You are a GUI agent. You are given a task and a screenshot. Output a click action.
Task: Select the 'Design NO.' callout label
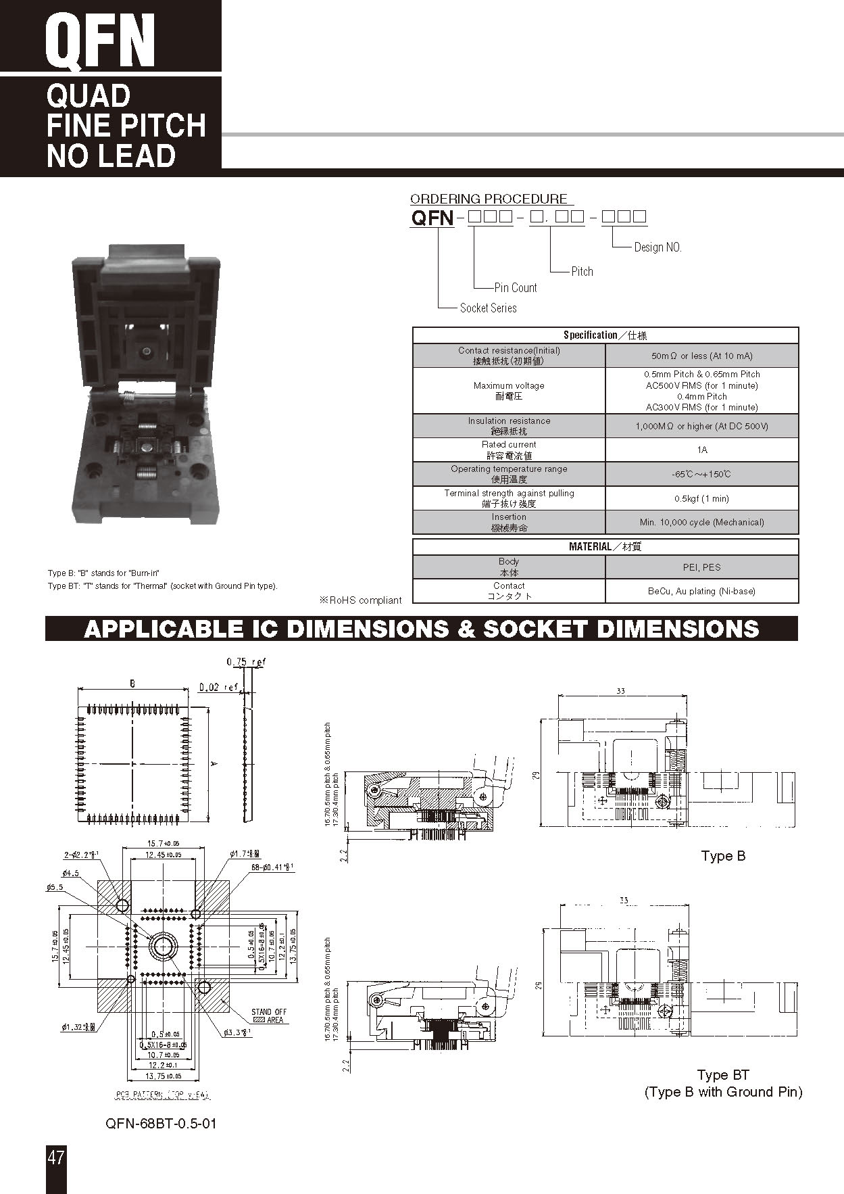coord(657,247)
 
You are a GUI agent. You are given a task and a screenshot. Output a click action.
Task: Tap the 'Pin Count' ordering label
coord(515,287)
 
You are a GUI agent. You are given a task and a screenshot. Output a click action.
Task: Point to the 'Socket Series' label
coord(488,308)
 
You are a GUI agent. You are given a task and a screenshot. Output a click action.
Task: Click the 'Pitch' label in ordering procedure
coord(582,271)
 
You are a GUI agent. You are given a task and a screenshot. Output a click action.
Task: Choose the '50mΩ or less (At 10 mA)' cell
coord(701,356)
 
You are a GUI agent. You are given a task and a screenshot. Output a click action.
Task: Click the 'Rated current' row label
coord(509,450)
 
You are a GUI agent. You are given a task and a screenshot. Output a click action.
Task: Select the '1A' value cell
coord(701,450)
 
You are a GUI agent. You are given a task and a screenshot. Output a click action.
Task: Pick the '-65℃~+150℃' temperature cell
coord(701,474)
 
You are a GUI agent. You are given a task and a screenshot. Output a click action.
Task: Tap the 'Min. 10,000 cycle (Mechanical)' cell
coord(701,522)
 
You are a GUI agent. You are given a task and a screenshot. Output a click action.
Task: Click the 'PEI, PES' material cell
coord(701,567)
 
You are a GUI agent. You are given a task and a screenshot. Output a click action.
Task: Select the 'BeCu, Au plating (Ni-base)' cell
coord(701,591)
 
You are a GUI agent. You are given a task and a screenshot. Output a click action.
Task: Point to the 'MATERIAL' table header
coord(605,546)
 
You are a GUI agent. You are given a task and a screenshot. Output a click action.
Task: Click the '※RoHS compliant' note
coord(360,600)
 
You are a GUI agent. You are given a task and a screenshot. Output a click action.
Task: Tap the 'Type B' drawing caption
coord(722,856)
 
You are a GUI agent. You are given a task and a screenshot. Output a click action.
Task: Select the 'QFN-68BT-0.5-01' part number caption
coord(161,1124)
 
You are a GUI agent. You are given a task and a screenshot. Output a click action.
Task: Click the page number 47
coord(56,1157)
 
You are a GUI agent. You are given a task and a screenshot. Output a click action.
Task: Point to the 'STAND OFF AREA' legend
coord(269,1016)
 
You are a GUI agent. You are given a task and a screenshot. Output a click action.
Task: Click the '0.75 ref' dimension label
coord(246,662)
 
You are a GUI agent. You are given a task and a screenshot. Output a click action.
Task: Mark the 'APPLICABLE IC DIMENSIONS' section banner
coord(421,629)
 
